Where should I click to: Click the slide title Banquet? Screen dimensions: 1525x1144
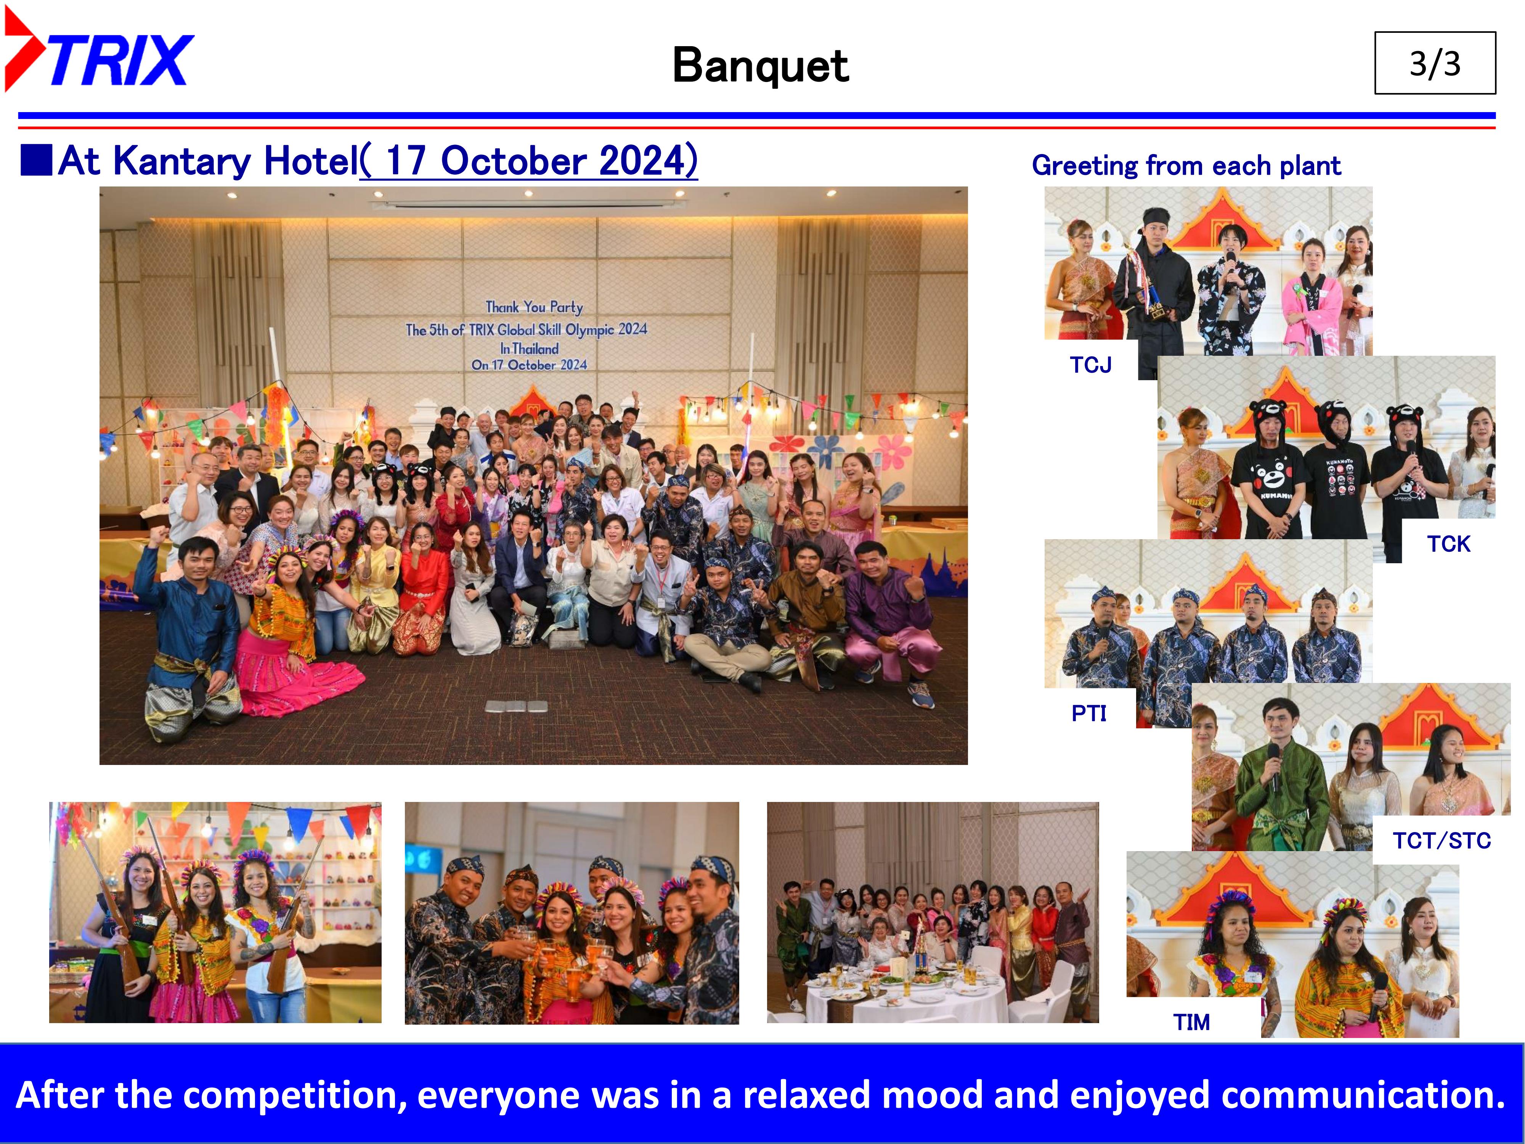pyautogui.click(x=761, y=66)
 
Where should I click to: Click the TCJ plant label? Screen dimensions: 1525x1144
pyautogui.click(x=1091, y=365)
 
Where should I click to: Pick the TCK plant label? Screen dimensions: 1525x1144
pyautogui.click(x=1448, y=544)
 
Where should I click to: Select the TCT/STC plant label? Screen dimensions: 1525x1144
pyautogui.click(x=1442, y=840)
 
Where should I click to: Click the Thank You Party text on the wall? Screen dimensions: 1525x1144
pyautogui.click(x=534, y=307)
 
